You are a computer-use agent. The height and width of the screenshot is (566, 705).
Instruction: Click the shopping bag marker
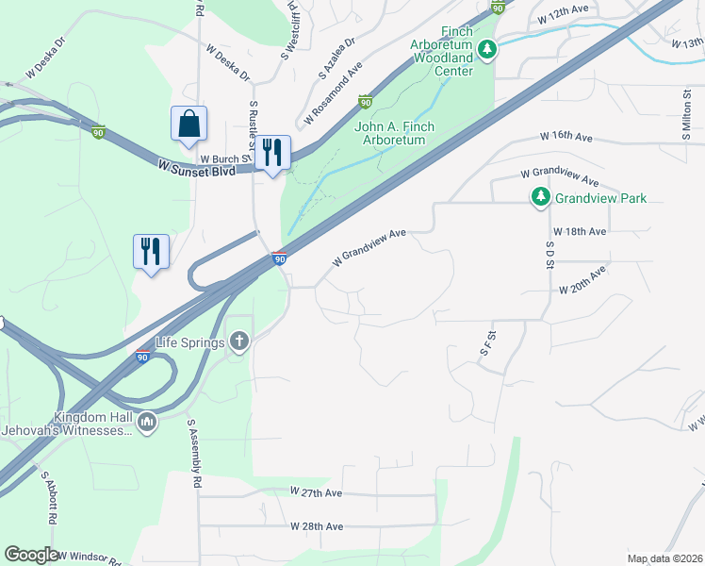click(189, 124)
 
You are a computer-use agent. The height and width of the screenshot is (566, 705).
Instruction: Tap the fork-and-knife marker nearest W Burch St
click(272, 153)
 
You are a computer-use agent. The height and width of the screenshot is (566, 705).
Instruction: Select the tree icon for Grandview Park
click(540, 198)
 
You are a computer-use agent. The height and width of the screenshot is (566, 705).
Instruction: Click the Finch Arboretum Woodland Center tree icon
click(486, 49)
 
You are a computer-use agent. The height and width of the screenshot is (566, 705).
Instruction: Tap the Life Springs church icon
click(239, 341)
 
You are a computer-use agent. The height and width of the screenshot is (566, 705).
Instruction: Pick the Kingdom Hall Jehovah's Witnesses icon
click(146, 424)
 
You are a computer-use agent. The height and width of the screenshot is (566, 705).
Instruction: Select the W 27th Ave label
click(317, 492)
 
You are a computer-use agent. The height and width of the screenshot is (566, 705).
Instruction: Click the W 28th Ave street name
click(317, 526)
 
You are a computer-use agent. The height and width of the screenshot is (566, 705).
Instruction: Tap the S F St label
click(487, 341)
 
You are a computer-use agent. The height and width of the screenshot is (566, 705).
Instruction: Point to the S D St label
click(549, 253)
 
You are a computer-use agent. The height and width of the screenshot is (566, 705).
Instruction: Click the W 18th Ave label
click(581, 231)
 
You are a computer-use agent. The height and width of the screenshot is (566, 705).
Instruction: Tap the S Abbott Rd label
click(47, 508)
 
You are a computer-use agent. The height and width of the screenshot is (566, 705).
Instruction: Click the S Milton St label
click(687, 114)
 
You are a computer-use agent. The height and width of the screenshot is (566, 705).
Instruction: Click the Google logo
click(31, 555)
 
